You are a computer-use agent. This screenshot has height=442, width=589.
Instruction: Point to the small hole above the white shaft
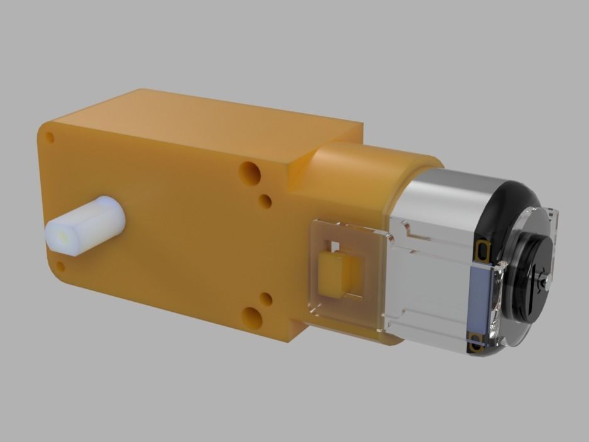tap(51, 136)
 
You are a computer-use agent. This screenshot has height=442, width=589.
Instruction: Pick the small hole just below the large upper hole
tap(265, 201)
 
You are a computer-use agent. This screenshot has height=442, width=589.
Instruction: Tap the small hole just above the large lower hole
tap(266, 299)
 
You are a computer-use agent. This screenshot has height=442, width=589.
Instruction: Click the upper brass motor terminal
tap(483, 251)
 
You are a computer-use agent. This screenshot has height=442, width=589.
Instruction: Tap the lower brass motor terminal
tap(475, 342)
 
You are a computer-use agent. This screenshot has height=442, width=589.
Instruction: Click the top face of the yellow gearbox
tap(207, 123)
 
